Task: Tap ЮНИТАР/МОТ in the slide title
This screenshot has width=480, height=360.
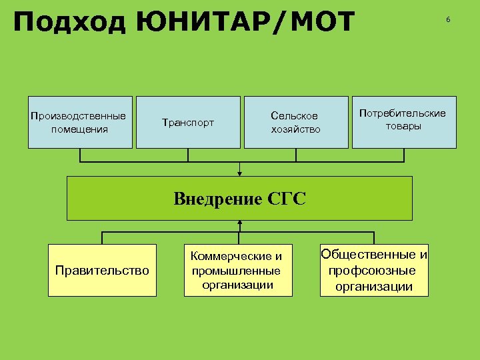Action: click(246, 23)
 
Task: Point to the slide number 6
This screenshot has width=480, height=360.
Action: click(448, 20)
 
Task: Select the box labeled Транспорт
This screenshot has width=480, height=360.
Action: click(188, 122)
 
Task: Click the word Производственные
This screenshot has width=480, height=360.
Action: click(79, 116)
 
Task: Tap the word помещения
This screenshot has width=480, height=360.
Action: click(79, 129)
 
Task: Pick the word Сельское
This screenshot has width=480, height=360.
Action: click(294, 116)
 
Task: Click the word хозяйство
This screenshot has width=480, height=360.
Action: click(295, 129)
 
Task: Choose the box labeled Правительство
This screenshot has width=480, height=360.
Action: click(102, 270)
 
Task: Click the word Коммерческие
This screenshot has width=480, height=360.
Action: click(237, 257)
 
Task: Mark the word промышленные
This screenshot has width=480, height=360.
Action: click(237, 271)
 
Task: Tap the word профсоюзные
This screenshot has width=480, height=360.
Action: click(373, 271)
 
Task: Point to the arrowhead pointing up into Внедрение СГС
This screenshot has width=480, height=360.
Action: click(239, 223)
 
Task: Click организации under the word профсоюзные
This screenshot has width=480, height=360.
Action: click(373, 287)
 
